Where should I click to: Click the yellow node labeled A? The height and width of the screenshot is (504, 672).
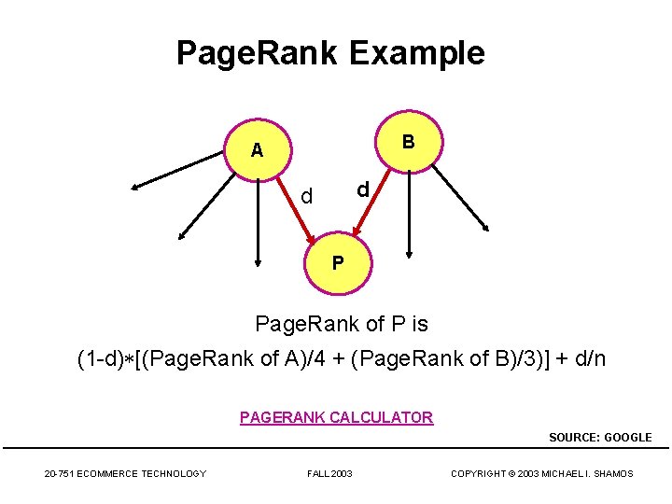[x=257, y=149]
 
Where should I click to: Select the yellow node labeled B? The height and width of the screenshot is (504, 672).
[x=409, y=142]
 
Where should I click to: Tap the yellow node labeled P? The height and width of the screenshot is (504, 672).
[x=338, y=262]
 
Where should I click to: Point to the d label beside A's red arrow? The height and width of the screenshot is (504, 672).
[x=307, y=196]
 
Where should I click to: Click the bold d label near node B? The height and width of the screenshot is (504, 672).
[x=364, y=189]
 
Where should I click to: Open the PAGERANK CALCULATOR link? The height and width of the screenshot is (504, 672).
[x=336, y=417]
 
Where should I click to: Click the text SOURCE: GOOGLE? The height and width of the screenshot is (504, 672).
[x=600, y=437]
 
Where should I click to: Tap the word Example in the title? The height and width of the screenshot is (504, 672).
[x=417, y=53]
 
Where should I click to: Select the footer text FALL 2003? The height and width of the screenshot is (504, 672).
[x=329, y=474]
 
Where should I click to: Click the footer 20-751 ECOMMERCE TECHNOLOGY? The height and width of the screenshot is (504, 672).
[x=125, y=474]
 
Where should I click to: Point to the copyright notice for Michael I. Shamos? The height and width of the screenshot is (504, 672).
[x=541, y=474]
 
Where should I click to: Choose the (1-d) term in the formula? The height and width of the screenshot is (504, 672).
[x=100, y=357]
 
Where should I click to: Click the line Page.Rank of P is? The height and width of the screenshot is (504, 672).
[x=342, y=324]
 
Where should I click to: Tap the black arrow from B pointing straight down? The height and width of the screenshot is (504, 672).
[x=408, y=215]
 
